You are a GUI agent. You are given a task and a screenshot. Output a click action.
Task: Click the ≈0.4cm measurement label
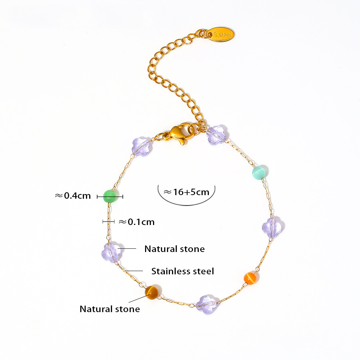73,196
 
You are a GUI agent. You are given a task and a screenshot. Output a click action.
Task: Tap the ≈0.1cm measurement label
136,222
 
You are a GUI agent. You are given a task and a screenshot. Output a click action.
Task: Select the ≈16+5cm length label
186,192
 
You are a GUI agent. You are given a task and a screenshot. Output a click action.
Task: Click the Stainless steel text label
183,271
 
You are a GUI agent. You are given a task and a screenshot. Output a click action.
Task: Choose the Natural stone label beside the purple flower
175,249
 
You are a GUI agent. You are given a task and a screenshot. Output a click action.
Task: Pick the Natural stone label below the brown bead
110,309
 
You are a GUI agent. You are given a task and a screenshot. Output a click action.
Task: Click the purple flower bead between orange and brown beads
207,304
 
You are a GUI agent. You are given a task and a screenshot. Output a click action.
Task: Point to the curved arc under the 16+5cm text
186,203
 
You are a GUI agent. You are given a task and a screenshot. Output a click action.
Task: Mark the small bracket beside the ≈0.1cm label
108,222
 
